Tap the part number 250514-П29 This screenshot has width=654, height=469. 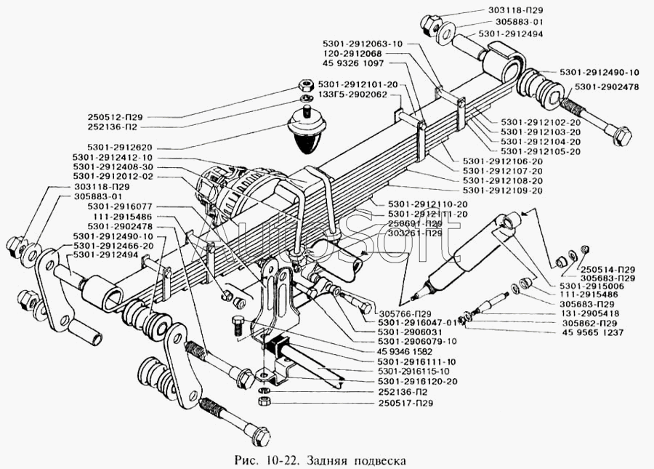(x=609, y=269)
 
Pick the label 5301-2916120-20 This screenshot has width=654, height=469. (x=417, y=381)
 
